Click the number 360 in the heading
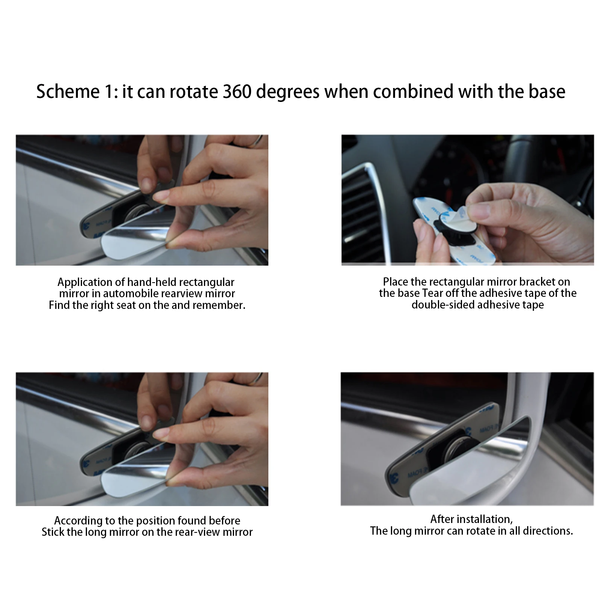[237, 91]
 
